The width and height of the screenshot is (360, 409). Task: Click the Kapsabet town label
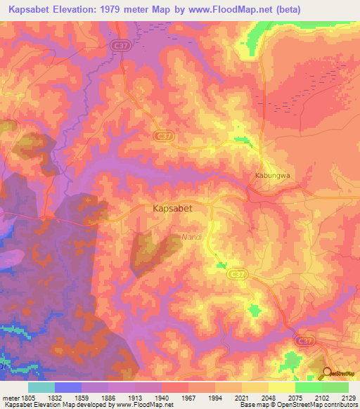(x=173, y=209)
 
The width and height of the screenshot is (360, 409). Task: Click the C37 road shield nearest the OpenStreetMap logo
(x=304, y=341)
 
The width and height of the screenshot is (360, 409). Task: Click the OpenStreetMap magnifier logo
(x=328, y=372)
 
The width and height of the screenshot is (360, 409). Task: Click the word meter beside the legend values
(x=9, y=397)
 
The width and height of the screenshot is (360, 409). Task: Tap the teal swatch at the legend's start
(x=41, y=387)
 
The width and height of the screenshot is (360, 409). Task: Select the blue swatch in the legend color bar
(x=68, y=387)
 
